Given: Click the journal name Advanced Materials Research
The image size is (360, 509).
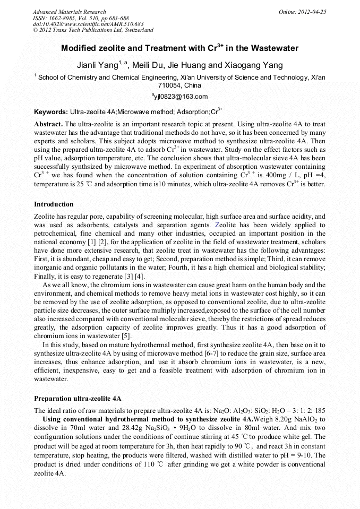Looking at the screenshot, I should tap(70, 12).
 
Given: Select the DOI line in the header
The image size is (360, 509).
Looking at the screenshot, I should tap(88, 24).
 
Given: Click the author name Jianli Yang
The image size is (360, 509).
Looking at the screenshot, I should tap(97, 66).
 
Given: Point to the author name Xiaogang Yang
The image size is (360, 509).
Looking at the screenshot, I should tap(250, 66).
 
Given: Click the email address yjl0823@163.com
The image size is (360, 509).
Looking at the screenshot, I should tap(181, 97).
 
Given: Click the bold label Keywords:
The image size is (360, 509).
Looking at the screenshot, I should tap(51, 113).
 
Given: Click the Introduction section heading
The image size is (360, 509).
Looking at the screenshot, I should tap(54, 204).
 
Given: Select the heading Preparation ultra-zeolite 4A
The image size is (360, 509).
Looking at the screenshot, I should tap(78, 399).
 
